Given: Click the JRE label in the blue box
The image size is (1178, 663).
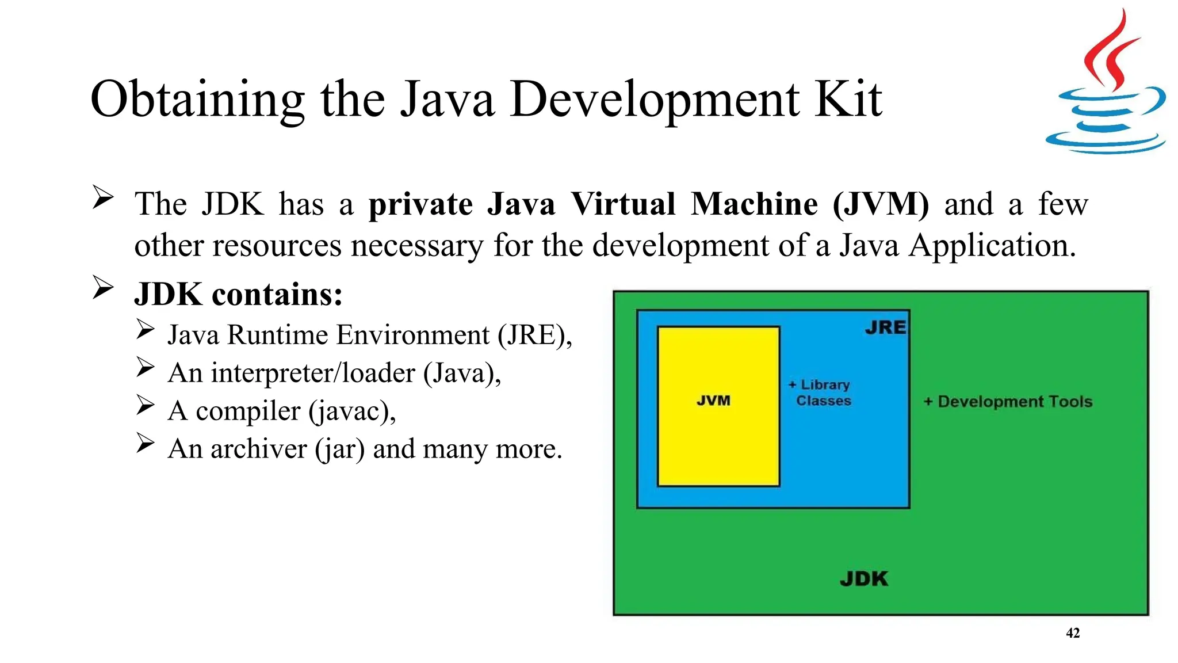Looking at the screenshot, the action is [x=885, y=327].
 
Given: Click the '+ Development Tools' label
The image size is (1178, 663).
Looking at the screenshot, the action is [x=1008, y=402].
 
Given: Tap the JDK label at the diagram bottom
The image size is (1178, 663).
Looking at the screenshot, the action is [x=864, y=578].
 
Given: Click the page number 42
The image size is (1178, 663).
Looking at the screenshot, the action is [x=1073, y=633].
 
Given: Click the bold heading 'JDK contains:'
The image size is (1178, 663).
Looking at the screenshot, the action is [x=238, y=295].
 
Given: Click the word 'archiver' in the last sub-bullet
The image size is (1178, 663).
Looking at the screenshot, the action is [x=258, y=449].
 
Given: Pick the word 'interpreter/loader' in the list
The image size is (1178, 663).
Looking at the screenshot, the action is [x=313, y=373].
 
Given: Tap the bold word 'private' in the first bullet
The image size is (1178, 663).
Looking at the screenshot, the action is [x=420, y=205].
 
